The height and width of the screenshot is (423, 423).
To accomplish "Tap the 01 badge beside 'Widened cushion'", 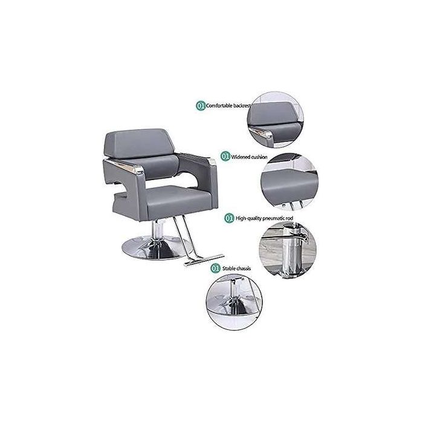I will pyautogui.click(x=225, y=157).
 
